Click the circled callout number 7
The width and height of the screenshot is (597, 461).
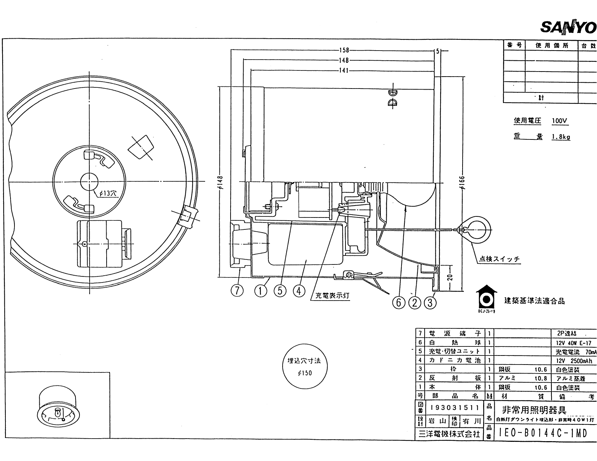point(237,290)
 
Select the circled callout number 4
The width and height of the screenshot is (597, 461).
point(299,290)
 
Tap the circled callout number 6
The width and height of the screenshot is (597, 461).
point(399,303)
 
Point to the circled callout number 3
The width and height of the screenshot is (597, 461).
point(430,303)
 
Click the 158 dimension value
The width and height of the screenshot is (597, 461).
point(344,51)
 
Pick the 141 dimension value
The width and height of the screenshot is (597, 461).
point(344,70)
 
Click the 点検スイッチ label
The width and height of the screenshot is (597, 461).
point(499,259)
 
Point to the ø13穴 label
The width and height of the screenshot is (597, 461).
point(108,193)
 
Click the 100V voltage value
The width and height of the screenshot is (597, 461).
point(559,121)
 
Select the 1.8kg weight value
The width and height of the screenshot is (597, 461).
point(561,137)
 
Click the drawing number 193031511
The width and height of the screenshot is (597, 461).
point(455,408)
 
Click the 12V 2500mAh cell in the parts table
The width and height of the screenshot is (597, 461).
point(574,361)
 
